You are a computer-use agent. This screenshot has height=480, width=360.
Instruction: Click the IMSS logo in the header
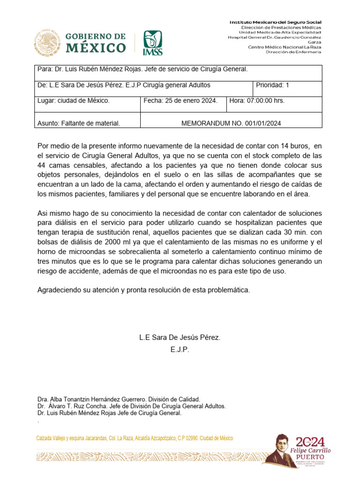[x=153, y=43]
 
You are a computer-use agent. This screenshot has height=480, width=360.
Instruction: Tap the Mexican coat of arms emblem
[x=47, y=43]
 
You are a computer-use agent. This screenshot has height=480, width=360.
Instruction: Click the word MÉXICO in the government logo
[x=95, y=48]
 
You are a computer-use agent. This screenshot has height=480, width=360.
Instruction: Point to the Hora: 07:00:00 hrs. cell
[x=274, y=101]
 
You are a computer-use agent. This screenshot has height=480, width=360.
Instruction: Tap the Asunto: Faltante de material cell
[x=79, y=124]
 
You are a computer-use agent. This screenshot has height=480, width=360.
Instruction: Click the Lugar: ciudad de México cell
[x=74, y=101]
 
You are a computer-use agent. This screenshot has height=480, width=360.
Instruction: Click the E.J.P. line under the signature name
[x=180, y=349]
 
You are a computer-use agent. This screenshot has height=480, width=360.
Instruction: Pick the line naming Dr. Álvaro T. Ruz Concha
[x=132, y=406]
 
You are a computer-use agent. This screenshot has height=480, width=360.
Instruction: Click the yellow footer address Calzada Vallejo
[x=135, y=438]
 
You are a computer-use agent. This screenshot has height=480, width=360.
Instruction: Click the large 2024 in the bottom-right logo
[x=310, y=442]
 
